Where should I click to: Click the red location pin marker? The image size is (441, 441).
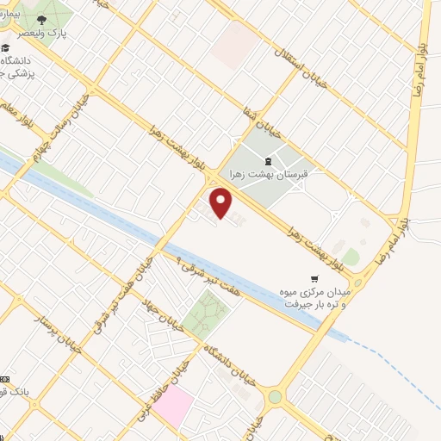(222, 203)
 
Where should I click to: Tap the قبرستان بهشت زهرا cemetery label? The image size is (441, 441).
(267, 174)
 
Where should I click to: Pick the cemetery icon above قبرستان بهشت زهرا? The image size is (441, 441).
(268, 161)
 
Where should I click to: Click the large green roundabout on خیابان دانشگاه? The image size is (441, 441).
(275, 397)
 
